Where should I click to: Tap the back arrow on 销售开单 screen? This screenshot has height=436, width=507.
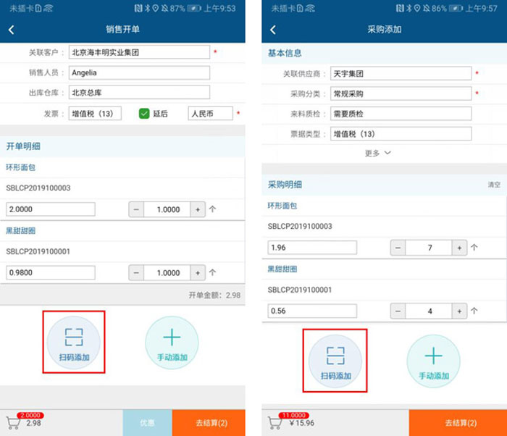coord(12,30)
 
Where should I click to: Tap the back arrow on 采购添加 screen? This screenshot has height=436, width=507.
coord(273,30)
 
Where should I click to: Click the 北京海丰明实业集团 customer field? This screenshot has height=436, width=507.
coord(139,52)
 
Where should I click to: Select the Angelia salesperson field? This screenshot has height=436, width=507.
coord(139,72)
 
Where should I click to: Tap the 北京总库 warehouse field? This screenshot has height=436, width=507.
coord(139,93)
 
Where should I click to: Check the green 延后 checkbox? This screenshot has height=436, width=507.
coord(144,114)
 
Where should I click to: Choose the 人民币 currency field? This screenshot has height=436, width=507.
coord(210,114)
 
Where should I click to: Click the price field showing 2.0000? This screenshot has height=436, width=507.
coord(51,209)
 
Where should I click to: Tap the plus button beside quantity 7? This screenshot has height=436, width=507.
coord(459,248)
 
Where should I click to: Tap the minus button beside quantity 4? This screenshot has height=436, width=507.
coord(398,311)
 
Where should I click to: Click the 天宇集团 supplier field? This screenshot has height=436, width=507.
coord(401,73)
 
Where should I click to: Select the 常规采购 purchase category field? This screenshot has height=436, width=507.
coord(401,93)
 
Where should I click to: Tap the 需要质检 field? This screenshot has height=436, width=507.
coord(401,114)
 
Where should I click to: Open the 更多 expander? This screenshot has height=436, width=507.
coord(377,153)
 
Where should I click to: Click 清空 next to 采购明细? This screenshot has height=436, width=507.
coord(494,185)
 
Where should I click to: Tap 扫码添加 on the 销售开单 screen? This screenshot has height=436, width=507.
coord(74,343)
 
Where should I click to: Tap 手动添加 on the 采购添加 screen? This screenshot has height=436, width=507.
coord(433,361)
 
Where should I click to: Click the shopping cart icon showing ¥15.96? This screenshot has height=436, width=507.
coord(275,423)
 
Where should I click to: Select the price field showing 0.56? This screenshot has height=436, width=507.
coord(312,311)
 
